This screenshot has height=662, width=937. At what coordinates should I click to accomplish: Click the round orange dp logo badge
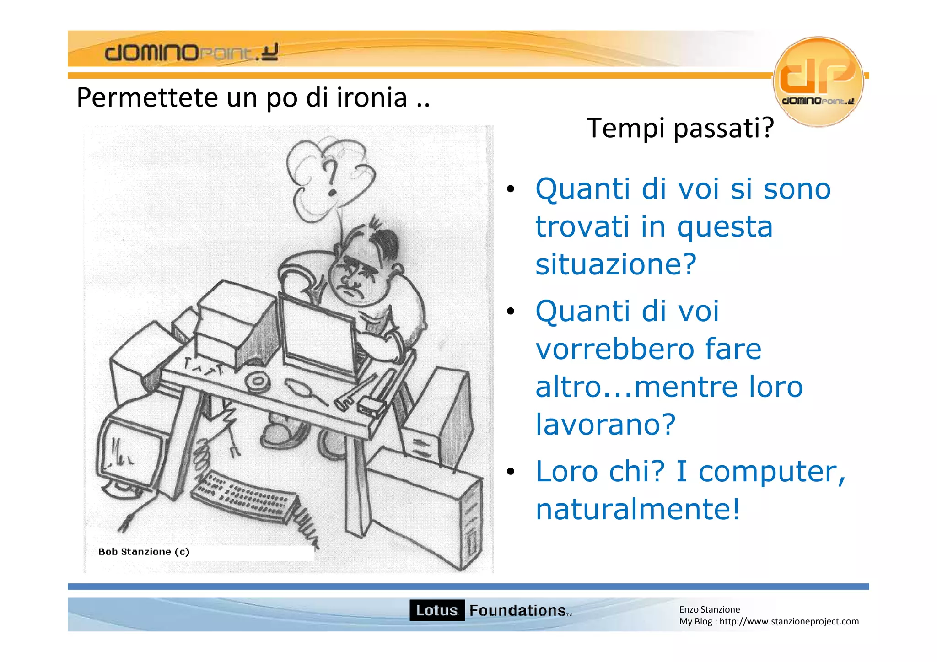[818, 81]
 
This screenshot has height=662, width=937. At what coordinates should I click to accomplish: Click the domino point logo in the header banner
[191, 52]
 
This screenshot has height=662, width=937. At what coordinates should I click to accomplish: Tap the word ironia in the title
[372, 97]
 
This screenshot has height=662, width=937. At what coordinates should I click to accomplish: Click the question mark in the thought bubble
[331, 178]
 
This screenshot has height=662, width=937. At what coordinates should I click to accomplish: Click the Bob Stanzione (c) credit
[144, 552]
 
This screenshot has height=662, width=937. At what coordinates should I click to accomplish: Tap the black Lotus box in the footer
[436, 610]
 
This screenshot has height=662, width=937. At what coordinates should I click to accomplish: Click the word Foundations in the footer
[517, 610]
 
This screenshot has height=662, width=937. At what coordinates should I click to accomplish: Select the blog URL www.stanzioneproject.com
[789, 621]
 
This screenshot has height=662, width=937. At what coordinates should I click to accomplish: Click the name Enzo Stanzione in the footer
[709, 609]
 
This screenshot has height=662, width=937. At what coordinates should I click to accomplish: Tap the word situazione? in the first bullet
[616, 264]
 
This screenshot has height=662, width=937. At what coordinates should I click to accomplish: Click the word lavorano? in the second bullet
[605, 424]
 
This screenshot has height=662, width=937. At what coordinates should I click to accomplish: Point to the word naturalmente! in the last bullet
[637, 509]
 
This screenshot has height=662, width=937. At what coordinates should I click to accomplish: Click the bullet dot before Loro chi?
[511, 472]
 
